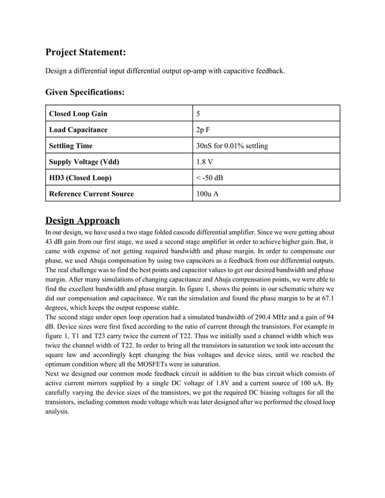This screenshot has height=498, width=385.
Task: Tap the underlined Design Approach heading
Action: pyautogui.click(x=83, y=220)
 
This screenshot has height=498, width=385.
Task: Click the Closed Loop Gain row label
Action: pyautogui.click(x=78, y=113)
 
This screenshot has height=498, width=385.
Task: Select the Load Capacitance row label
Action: pyautogui.click(x=78, y=130)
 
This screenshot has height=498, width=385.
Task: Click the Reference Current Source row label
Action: pyautogui.click(x=91, y=194)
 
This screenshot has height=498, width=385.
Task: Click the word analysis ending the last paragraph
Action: pyautogui.click(x=58, y=412)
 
